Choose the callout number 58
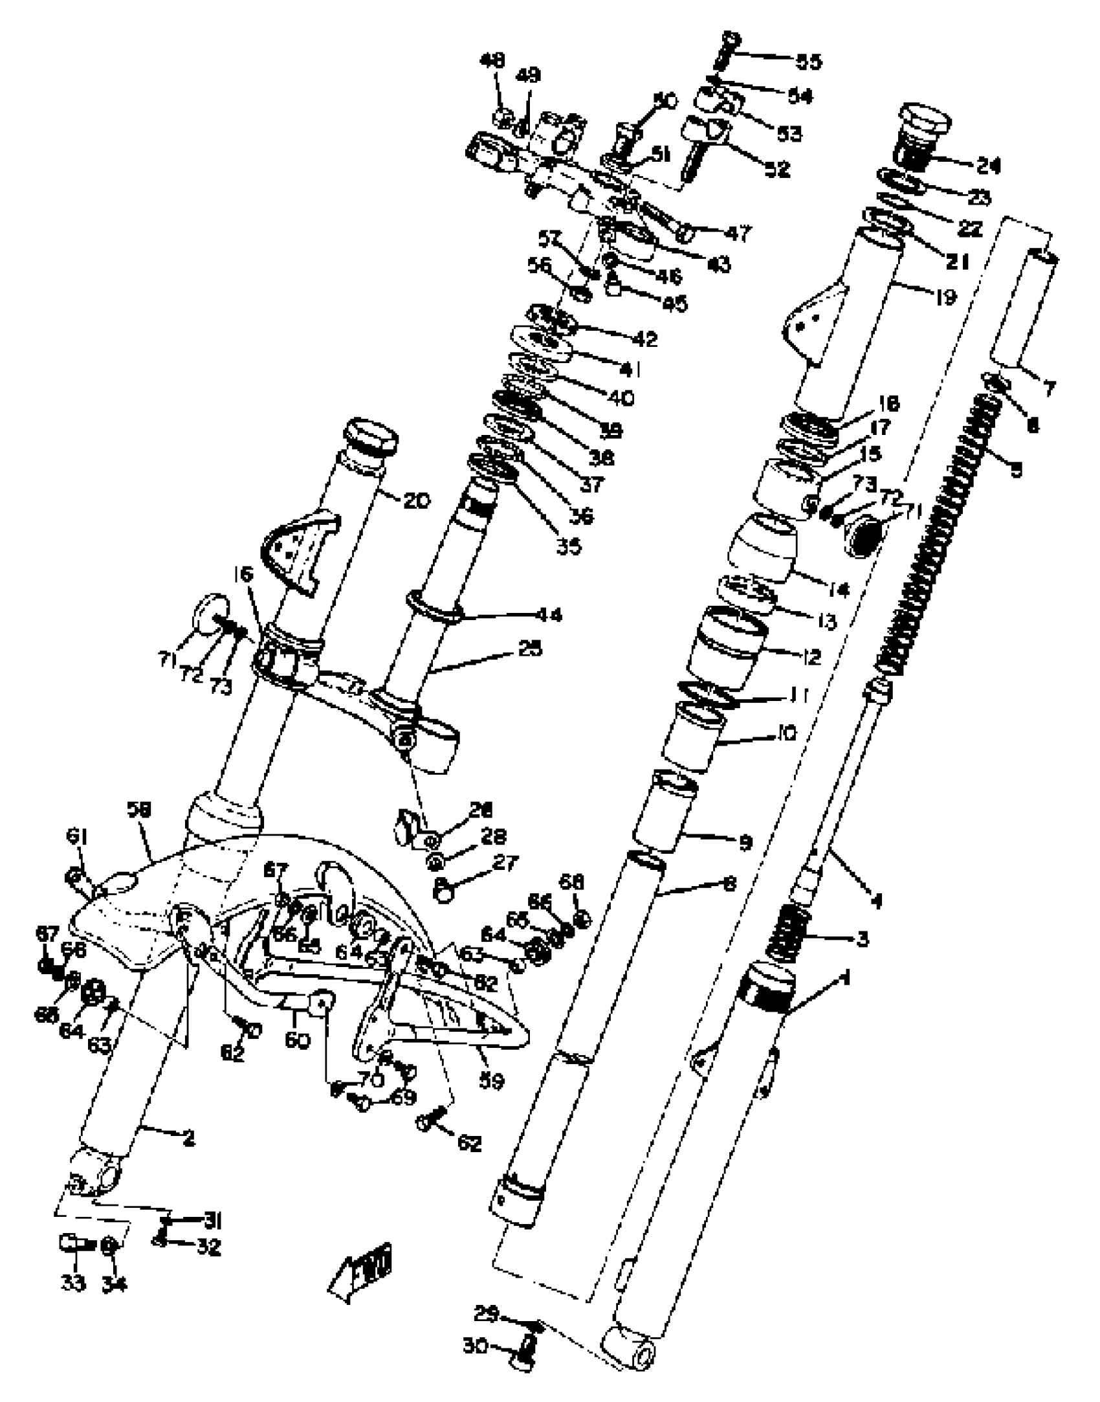pos(138,810)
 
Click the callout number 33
pos(72,1282)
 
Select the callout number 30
pos(476,1346)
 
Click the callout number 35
pos(569,546)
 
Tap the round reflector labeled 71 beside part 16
pos(211,612)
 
